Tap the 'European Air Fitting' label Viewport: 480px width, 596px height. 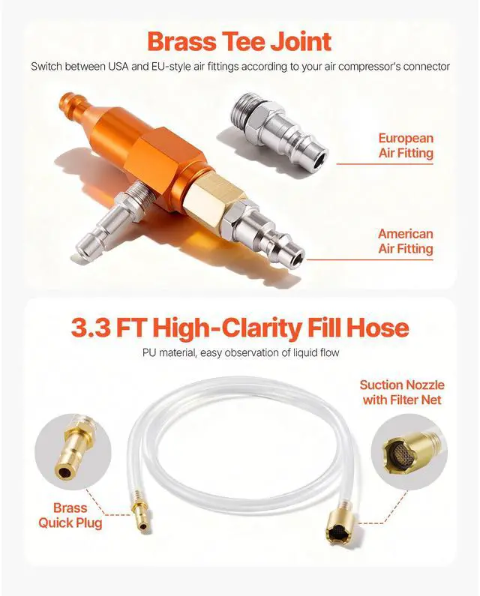click(x=406, y=145)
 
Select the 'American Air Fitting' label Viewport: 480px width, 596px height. click(x=405, y=241)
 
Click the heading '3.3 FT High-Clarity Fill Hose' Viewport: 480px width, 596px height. click(x=239, y=328)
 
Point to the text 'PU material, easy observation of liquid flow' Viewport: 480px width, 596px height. click(x=239, y=353)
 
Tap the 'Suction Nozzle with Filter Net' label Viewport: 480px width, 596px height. click(x=401, y=392)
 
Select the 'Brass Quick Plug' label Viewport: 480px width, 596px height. click(x=70, y=515)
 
